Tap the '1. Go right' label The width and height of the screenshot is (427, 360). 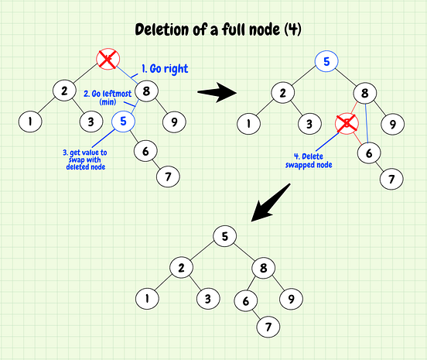(165, 69)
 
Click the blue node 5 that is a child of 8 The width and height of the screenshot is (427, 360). (122, 121)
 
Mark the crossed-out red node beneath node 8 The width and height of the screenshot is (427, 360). (347, 123)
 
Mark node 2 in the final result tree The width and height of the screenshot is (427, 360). (180, 267)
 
